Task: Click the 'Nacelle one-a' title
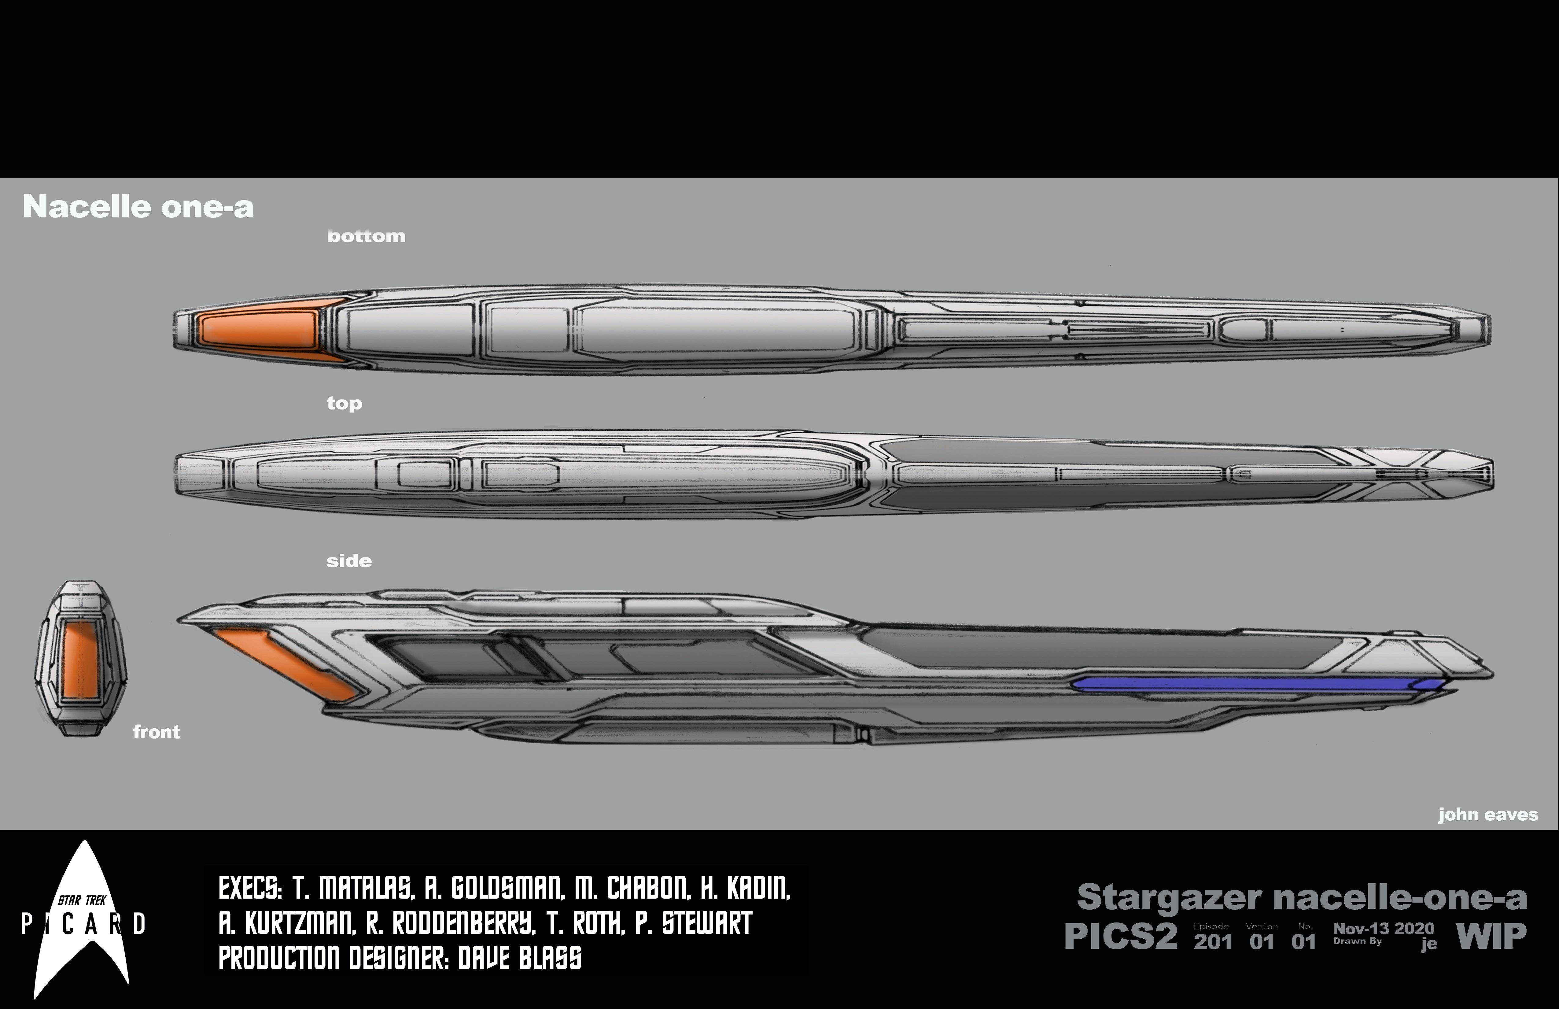click(138, 207)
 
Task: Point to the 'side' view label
click(348, 561)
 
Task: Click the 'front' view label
click(156, 732)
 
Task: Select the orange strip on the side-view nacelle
click(288, 663)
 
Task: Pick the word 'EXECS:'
click(250, 889)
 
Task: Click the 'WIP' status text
click(1491, 936)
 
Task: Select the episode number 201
click(1212, 941)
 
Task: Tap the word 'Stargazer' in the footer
click(1169, 898)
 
